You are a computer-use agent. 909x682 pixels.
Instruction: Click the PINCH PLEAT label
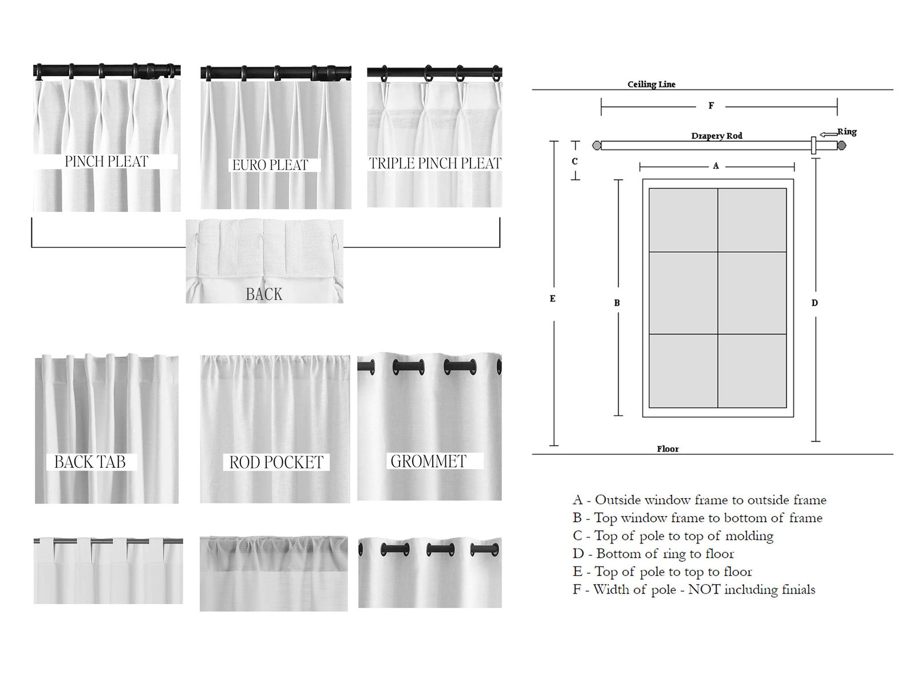click(106, 161)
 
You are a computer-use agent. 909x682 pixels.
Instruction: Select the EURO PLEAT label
click(270, 165)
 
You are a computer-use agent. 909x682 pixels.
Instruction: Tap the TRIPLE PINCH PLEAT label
click(435, 163)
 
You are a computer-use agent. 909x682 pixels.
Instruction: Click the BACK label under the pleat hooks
click(264, 294)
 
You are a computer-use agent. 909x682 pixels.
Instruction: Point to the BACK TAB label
click(90, 462)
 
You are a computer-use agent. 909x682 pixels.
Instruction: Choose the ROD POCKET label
click(276, 462)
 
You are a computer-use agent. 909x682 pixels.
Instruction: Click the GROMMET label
click(428, 461)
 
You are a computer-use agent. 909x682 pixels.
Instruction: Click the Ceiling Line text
click(651, 84)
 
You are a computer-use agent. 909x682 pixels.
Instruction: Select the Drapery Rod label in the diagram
click(717, 136)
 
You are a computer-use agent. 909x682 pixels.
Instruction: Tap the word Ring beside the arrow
click(847, 132)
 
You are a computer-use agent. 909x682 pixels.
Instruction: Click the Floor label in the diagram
click(667, 449)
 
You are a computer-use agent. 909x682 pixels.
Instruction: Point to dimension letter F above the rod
click(711, 106)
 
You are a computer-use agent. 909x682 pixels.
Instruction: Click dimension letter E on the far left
click(552, 298)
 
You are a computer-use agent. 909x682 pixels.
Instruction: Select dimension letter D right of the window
click(815, 303)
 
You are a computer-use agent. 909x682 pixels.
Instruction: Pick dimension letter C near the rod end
click(575, 161)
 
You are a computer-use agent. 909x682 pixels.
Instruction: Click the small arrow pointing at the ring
click(828, 135)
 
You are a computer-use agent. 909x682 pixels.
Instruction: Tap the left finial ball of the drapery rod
click(596, 145)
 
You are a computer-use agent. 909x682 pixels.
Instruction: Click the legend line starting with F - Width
click(694, 589)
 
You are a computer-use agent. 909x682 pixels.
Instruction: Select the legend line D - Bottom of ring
click(653, 554)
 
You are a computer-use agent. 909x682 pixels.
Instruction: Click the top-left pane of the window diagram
click(683, 220)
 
